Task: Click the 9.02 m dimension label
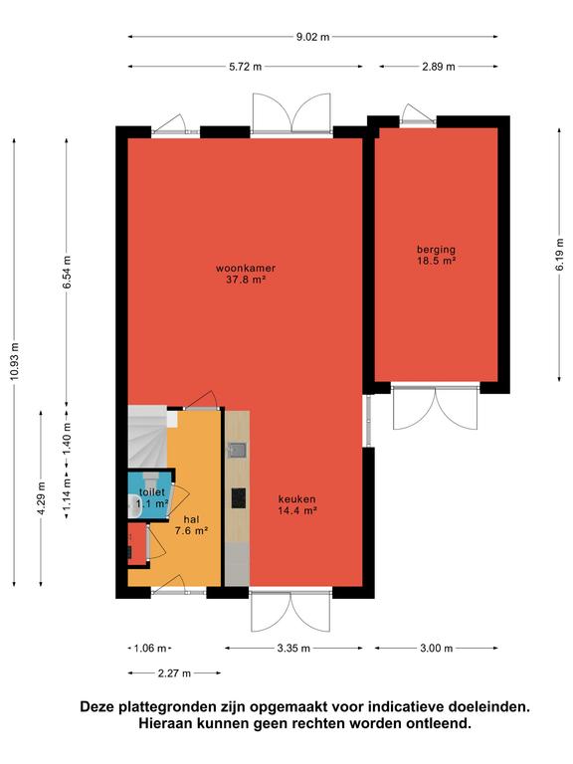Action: click(x=312, y=37)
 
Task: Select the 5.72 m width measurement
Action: click(x=245, y=67)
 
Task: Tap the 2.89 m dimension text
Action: click(x=439, y=67)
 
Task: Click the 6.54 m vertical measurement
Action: click(x=67, y=272)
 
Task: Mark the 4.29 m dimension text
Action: click(x=42, y=498)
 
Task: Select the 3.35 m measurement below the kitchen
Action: click(x=293, y=649)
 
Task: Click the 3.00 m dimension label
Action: click(x=436, y=649)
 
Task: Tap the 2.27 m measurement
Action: click(x=174, y=673)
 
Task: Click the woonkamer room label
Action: click(x=246, y=269)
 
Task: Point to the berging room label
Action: click(x=436, y=250)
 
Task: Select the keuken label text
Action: click(x=296, y=499)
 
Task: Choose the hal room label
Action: click(x=191, y=519)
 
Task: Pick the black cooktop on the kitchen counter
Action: click(x=239, y=498)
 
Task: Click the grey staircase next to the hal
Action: click(x=147, y=438)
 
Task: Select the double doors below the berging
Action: click(x=435, y=408)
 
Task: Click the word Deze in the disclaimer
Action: click(x=96, y=707)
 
